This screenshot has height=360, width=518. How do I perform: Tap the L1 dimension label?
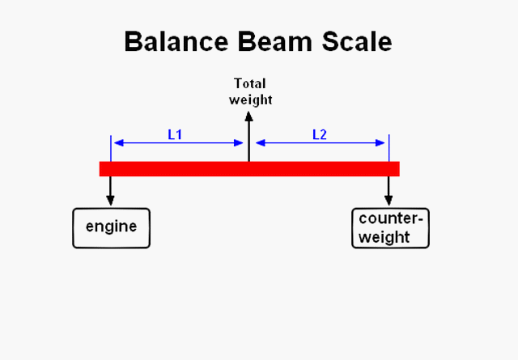(175, 134)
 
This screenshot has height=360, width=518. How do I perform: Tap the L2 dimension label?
(320, 134)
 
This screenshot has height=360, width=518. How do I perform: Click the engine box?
(112, 227)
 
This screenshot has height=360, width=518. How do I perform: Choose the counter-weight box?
(390, 227)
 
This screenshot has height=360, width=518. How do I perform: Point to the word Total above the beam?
(249, 83)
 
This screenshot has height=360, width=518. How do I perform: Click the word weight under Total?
(250, 100)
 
